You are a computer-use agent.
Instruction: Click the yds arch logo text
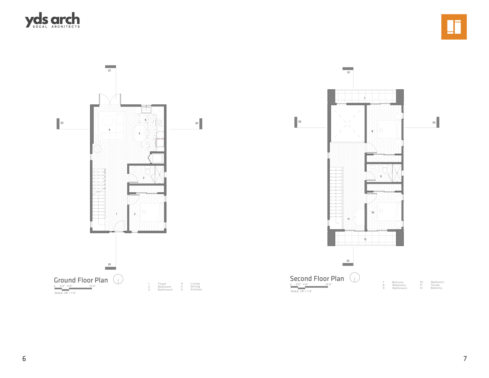tap(52, 20)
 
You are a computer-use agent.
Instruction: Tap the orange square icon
tap(454, 27)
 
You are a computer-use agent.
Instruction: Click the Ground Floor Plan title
tap(81, 280)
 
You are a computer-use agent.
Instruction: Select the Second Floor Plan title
tap(317, 279)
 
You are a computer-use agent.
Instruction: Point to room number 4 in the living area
tap(110, 130)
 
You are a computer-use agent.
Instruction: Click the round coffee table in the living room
tap(108, 120)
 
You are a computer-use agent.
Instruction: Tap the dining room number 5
tap(139, 133)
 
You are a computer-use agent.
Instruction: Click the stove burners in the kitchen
tap(159, 123)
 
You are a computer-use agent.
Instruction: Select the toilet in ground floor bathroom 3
tap(147, 170)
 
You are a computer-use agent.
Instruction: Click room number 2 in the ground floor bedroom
tap(135, 214)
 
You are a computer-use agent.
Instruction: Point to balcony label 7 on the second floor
tap(364, 98)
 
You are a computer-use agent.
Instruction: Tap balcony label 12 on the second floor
tap(365, 239)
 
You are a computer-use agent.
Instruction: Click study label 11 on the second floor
tap(348, 219)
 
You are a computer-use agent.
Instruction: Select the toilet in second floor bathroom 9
tap(385, 169)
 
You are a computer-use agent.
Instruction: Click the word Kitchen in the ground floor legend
tap(196, 290)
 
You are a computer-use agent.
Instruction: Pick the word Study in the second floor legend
tap(435, 285)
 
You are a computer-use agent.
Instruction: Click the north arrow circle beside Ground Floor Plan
tap(118, 279)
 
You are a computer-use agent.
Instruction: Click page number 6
tap(24, 359)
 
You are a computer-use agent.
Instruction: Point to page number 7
tap(465, 359)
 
